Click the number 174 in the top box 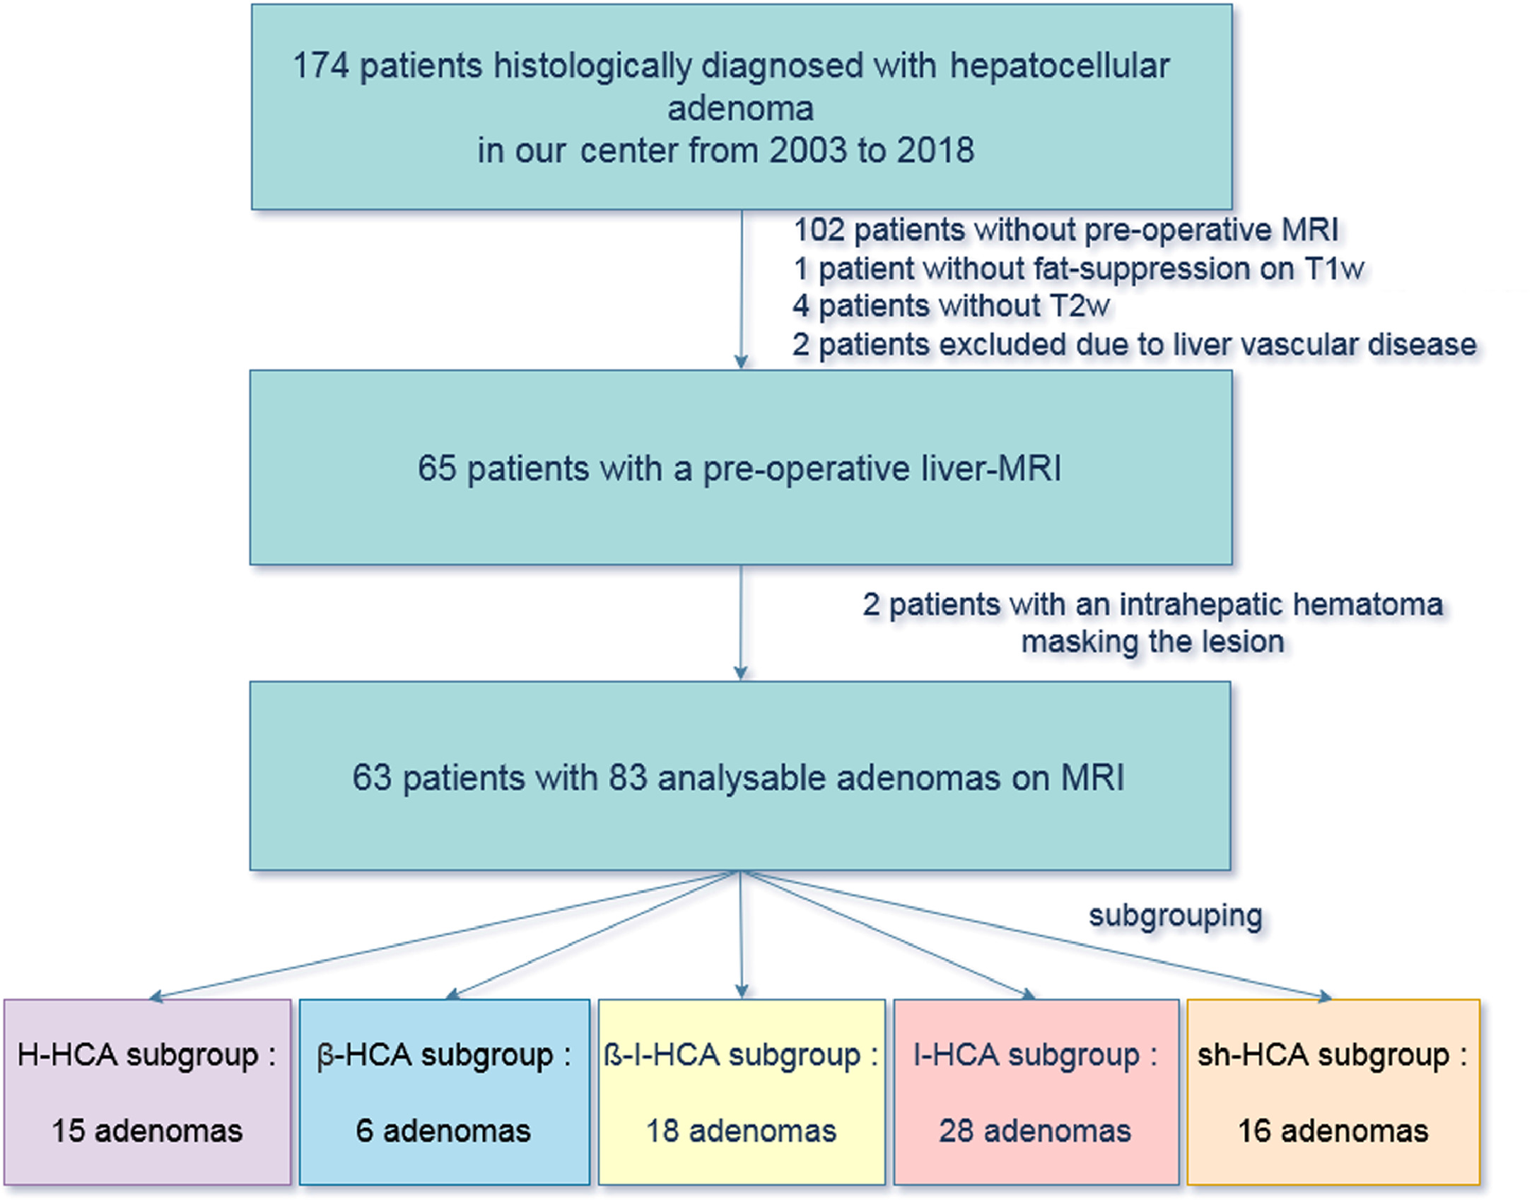coord(320,66)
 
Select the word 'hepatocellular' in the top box coord(1059,66)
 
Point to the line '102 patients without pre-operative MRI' coord(1065,230)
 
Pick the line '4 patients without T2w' coord(951,307)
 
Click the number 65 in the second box coord(436,469)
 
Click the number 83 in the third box coord(627,777)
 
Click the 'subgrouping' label coord(1175,915)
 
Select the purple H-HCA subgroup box coord(147,1092)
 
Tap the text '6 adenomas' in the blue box coord(443,1131)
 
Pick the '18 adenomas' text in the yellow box coord(741,1131)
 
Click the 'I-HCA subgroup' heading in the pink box coord(1027,1055)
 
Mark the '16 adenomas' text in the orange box coord(1333,1131)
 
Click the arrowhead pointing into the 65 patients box coord(741,363)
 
